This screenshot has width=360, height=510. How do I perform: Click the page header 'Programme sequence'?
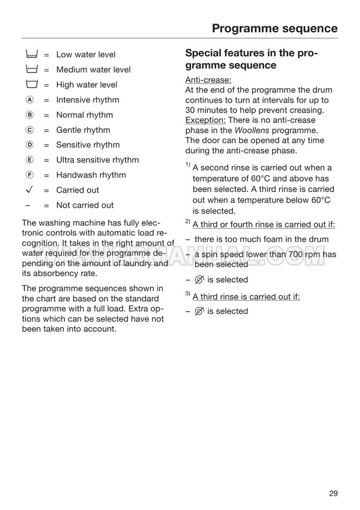point(274,28)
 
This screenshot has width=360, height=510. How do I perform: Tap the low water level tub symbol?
point(31,55)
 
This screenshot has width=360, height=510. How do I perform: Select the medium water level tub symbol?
point(31,70)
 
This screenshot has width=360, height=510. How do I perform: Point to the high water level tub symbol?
point(31,85)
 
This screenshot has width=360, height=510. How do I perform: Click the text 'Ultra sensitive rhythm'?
point(98,160)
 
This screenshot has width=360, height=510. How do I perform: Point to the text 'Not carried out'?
point(85,205)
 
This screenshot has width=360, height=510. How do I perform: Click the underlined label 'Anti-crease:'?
point(208,79)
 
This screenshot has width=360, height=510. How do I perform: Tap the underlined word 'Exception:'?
point(205,120)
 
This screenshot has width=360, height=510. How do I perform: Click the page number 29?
point(333,494)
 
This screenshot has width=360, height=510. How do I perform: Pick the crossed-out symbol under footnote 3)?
point(200,311)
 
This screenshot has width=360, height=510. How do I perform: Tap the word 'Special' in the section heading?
point(206,53)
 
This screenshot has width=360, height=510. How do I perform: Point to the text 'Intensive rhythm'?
point(88,100)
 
